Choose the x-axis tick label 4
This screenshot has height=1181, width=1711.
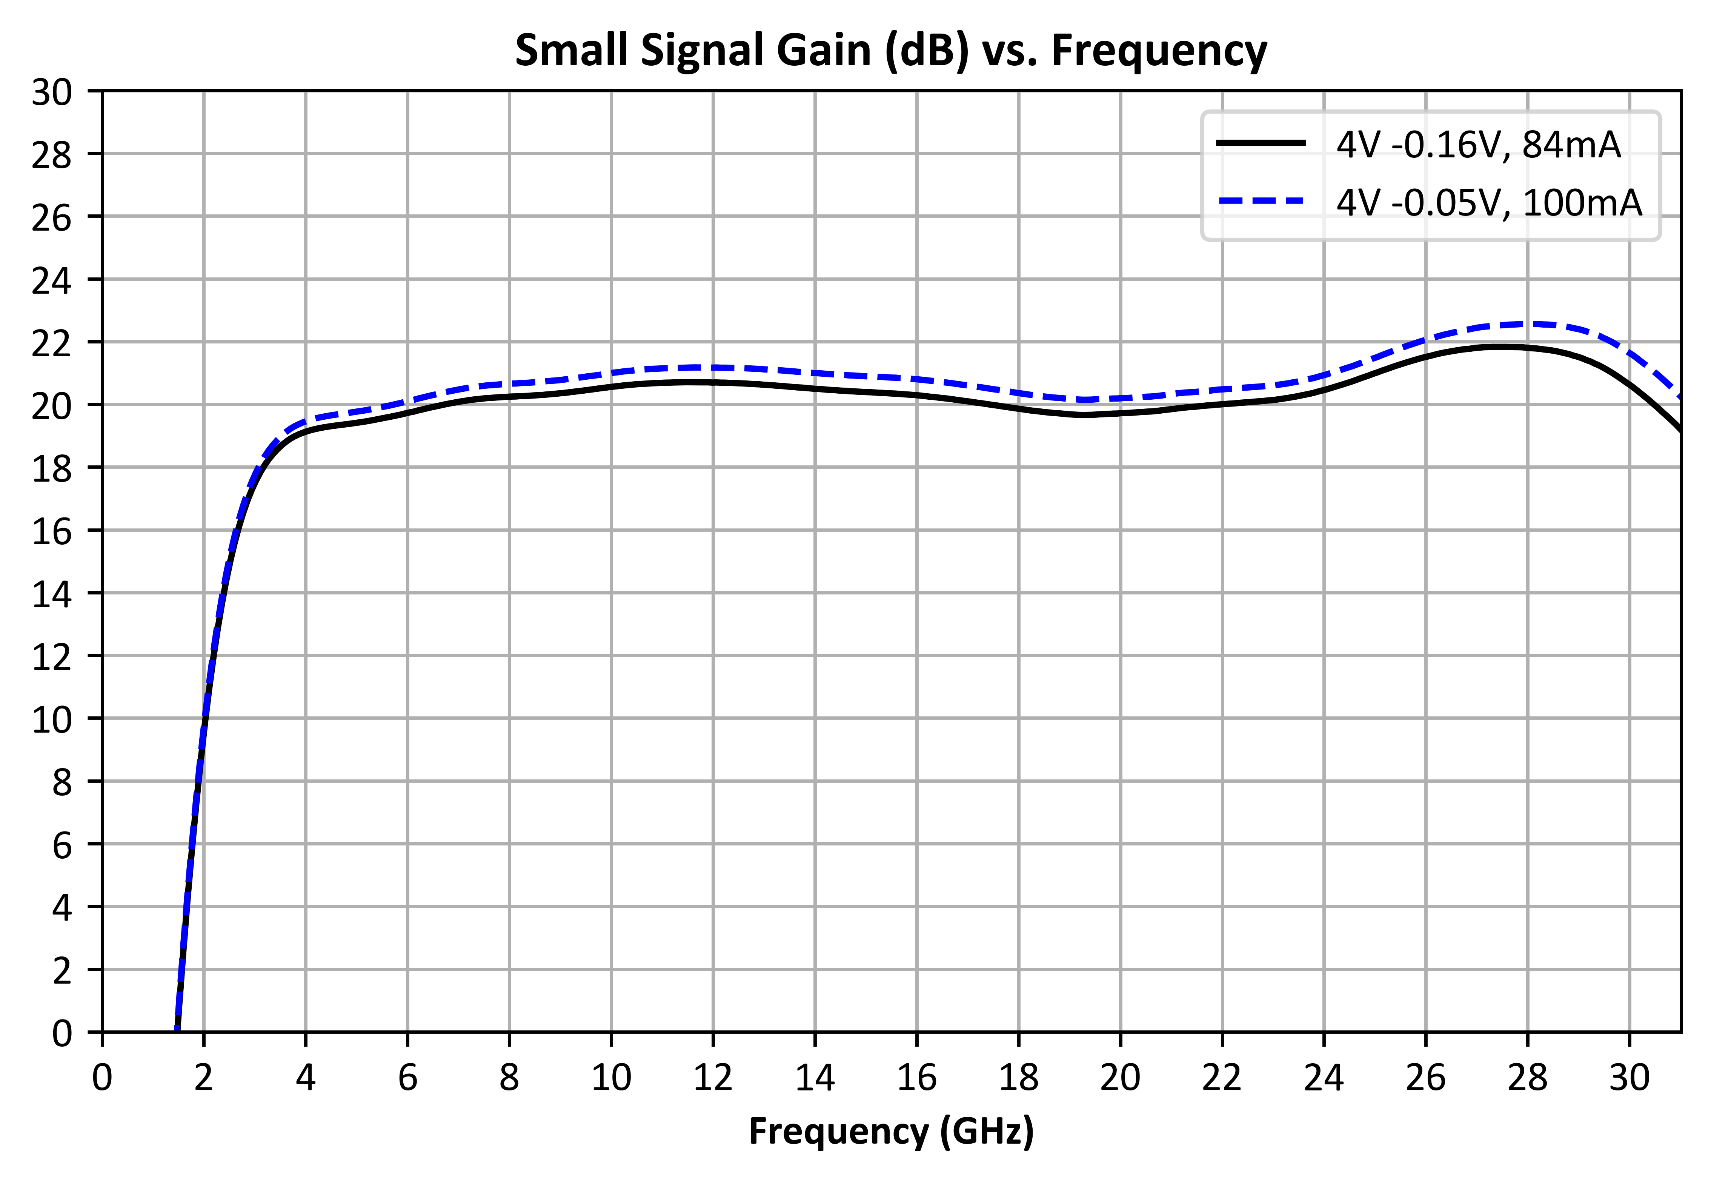[x=306, y=1079]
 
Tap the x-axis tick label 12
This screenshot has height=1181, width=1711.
[x=713, y=1079]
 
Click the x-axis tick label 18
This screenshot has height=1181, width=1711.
[x=1019, y=1079]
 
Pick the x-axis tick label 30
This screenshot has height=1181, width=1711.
[x=1630, y=1079]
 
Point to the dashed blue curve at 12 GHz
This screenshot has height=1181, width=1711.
[x=713, y=367]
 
